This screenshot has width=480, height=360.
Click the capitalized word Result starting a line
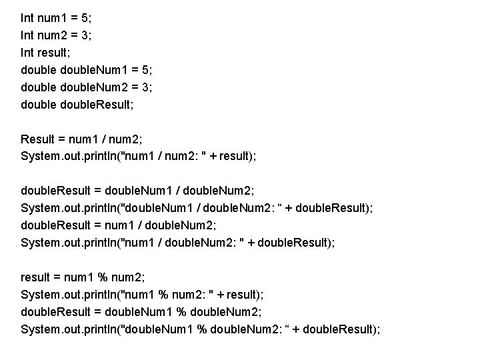[37, 139]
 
